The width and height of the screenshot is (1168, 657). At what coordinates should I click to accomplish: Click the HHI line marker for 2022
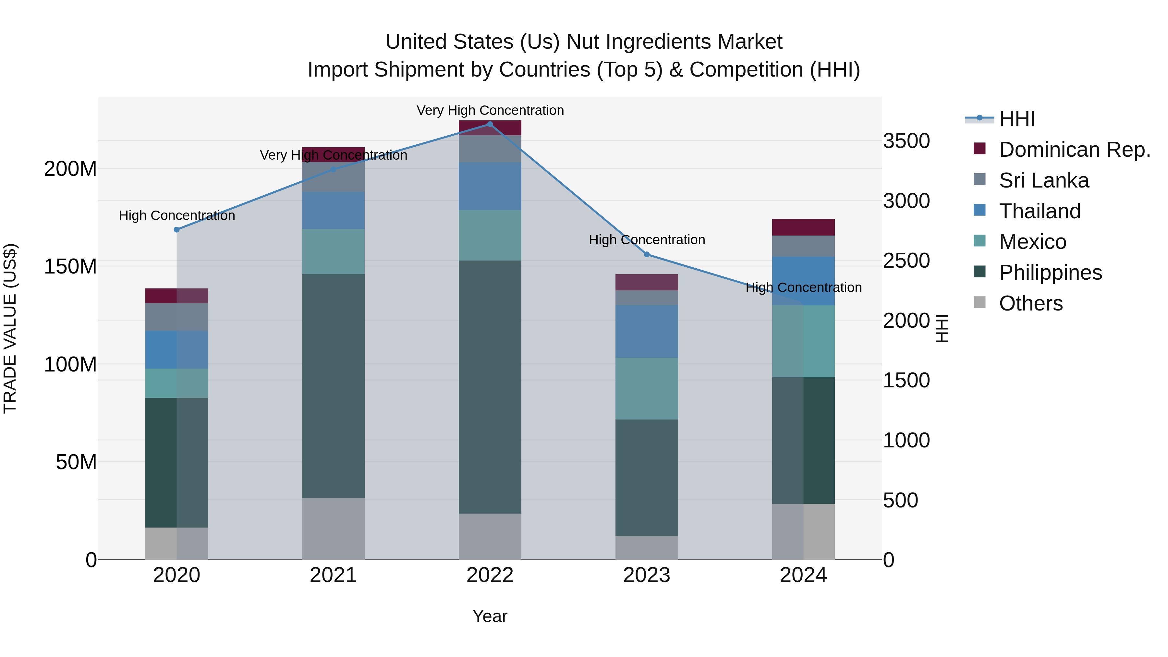pyautogui.click(x=490, y=124)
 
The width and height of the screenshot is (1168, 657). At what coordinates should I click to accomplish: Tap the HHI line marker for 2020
pyautogui.click(x=177, y=230)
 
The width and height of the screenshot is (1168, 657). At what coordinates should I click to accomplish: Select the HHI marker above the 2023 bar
pyautogui.click(x=647, y=254)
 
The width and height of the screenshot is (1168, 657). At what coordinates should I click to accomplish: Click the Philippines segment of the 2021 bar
pyautogui.click(x=333, y=385)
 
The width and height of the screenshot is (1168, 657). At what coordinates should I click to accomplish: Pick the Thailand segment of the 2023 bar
pyautogui.click(x=647, y=332)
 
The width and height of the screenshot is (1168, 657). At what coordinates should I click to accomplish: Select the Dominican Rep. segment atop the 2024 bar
pyautogui.click(x=803, y=227)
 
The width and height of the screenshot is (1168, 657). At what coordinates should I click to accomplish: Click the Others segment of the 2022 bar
pyautogui.click(x=490, y=536)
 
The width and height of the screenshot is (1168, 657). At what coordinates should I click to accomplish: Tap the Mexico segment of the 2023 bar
pyautogui.click(x=647, y=389)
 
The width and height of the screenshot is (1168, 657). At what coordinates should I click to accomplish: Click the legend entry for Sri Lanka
pyautogui.click(x=1043, y=180)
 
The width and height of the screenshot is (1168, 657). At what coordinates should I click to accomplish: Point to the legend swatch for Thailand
pyautogui.click(x=979, y=210)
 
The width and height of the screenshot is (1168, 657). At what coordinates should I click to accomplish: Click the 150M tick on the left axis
pyautogui.click(x=70, y=267)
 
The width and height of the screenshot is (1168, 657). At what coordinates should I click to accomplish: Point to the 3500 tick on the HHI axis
pyautogui.click(x=906, y=141)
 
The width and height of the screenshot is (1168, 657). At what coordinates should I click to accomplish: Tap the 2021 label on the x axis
pyautogui.click(x=333, y=575)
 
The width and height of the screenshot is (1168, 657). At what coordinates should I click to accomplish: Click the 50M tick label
pyautogui.click(x=76, y=462)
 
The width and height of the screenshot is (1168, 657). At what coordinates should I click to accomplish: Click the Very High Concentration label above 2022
pyautogui.click(x=490, y=110)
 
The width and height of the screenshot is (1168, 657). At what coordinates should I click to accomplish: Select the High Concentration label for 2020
pyautogui.click(x=177, y=215)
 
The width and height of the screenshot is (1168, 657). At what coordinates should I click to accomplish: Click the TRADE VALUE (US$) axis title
pyautogui.click(x=10, y=328)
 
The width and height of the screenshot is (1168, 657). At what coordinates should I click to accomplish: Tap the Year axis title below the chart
pyautogui.click(x=490, y=616)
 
